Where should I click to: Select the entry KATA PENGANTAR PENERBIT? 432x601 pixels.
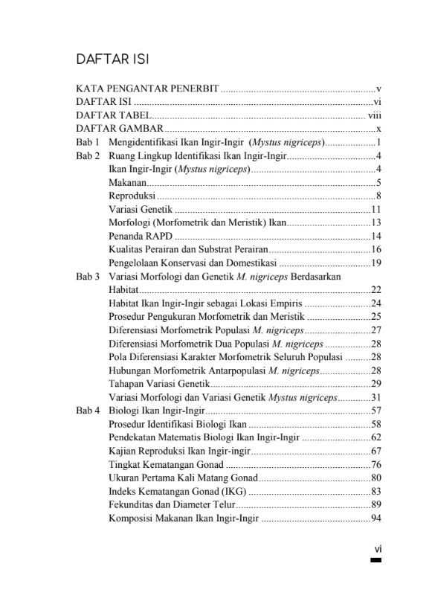147,89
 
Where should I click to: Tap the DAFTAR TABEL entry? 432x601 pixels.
114,115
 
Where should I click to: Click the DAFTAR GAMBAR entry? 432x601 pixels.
120,129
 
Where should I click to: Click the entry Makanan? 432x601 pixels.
127,182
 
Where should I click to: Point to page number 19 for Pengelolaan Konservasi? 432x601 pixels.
375,263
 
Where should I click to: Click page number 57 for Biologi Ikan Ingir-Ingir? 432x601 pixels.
375,411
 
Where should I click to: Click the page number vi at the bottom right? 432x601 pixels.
377,549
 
